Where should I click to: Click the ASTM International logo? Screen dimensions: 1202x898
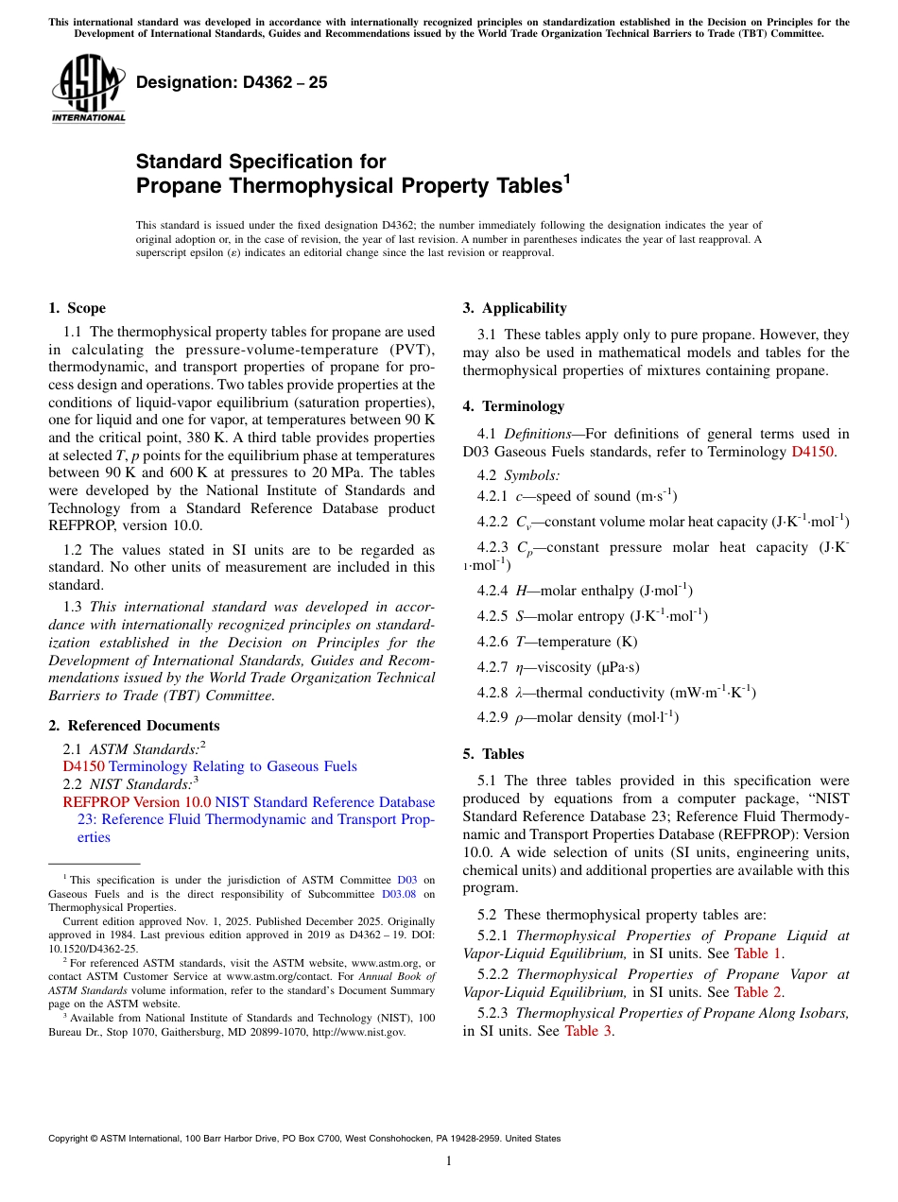(x=88, y=88)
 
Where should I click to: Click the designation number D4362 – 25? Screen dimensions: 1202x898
(x=232, y=82)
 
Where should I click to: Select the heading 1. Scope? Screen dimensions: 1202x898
(x=77, y=308)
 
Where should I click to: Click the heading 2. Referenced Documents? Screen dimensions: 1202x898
(x=134, y=726)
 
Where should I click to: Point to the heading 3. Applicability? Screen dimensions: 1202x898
(x=514, y=308)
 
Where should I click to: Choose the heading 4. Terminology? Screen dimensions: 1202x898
(x=513, y=406)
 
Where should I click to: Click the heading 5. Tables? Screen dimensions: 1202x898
(x=492, y=754)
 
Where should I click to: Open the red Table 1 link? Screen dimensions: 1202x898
(x=758, y=953)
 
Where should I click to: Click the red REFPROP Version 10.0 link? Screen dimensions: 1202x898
(x=137, y=802)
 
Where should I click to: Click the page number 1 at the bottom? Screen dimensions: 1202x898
(x=449, y=1160)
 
